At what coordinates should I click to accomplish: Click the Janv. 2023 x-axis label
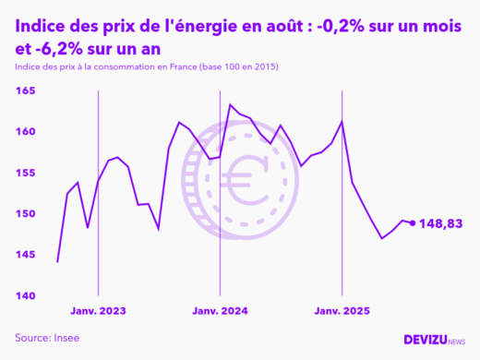click(98, 311)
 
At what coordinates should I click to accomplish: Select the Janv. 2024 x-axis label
click(220, 311)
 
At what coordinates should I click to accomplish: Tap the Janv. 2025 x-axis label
click(342, 311)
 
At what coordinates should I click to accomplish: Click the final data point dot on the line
click(412, 222)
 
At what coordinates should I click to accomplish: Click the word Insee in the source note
click(65, 338)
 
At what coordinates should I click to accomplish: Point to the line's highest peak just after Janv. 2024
click(230, 104)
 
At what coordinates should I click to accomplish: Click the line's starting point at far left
click(57, 262)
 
